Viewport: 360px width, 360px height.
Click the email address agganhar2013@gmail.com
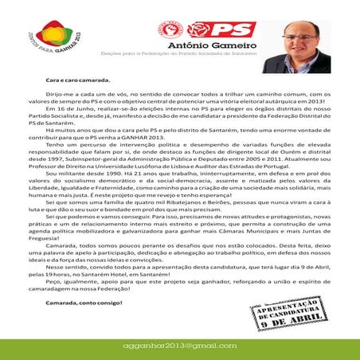(180, 347)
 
